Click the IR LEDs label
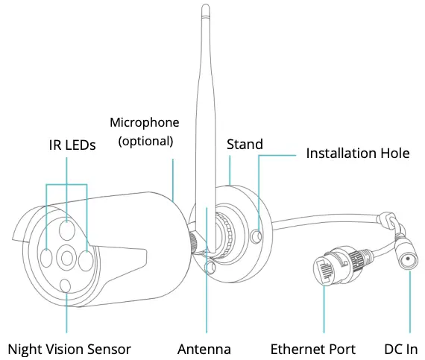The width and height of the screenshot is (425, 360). pos(68,145)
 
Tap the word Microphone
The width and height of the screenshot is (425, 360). pos(144,122)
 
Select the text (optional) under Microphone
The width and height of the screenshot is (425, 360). pos(146,139)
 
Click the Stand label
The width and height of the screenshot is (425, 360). pos(245,143)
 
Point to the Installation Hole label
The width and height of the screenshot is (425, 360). pos(358,154)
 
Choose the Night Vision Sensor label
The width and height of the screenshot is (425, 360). pos(69,349)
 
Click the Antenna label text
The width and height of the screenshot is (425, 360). pos(204,349)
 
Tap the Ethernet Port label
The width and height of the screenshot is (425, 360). pos(312,349)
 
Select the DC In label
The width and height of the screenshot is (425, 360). pos(401,349)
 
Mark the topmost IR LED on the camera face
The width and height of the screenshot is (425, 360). pos(67,230)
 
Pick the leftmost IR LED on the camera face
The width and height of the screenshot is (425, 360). pos(46,257)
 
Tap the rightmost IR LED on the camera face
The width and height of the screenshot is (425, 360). pos(87,260)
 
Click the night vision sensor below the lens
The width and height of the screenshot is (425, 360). pos(67,285)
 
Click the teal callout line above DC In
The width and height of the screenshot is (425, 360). pos(409,306)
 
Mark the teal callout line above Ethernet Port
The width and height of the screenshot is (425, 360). pos(324,309)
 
